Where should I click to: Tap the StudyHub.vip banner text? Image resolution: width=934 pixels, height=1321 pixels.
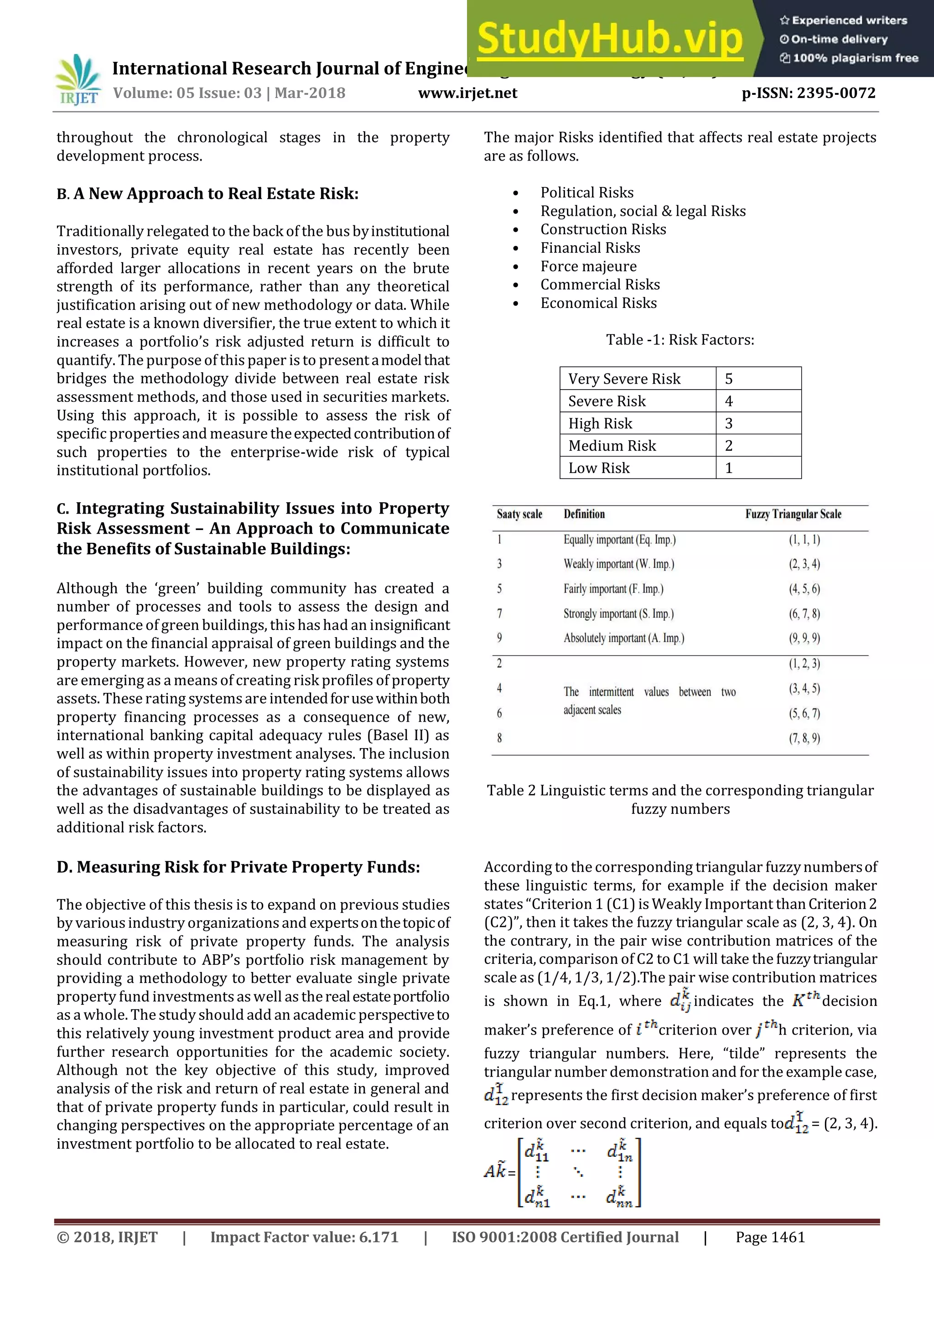tap(610, 39)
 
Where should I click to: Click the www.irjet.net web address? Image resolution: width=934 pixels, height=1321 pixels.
tap(467, 93)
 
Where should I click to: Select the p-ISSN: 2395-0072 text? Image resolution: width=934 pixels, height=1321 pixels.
tap(808, 93)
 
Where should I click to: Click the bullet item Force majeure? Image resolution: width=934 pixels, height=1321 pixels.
tap(588, 266)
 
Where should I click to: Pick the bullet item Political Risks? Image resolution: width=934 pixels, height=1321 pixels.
tap(586, 193)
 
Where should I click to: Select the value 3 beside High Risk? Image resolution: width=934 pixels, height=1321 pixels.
tap(729, 423)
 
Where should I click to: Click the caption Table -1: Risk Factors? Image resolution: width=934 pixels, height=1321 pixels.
tap(680, 340)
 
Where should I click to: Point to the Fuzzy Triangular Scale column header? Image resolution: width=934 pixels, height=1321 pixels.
tap(793, 515)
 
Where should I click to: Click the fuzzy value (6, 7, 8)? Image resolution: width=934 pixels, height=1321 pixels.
tap(804, 614)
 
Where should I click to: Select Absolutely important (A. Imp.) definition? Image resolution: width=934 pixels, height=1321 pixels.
tap(623, 638)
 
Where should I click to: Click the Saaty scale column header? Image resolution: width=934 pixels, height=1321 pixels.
tap(519, 515)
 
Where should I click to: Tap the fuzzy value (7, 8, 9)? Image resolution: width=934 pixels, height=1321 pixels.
tap(804, 738)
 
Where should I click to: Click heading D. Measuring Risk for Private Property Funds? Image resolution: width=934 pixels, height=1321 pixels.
tap(238, 867)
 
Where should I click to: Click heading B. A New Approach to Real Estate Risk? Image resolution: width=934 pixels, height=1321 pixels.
tap(207, 194)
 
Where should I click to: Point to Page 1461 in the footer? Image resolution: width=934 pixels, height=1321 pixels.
tap(770, 1237)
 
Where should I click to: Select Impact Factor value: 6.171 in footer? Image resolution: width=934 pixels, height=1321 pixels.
tap(304, 1237)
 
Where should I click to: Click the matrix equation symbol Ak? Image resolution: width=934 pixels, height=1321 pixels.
tap(495, 1171)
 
